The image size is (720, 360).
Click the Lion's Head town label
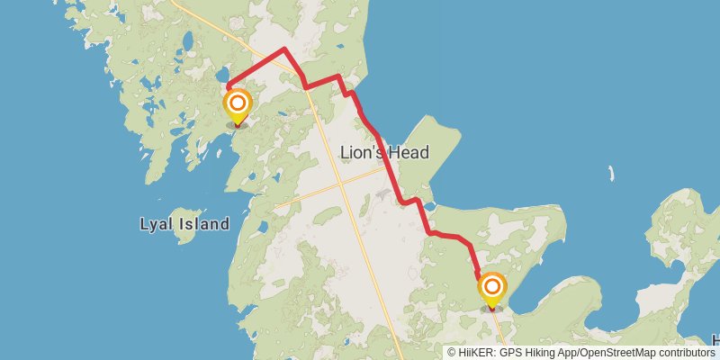(384, 153)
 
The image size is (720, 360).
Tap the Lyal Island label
(184, 224)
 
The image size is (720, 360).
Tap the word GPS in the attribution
(509, 353)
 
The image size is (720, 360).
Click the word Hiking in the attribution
(539, 353)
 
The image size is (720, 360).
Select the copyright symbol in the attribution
(452, 353)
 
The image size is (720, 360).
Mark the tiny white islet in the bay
(610, 173)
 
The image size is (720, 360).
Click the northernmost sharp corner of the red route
(284, 49)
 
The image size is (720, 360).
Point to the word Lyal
(157, 224)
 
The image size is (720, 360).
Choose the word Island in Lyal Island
(202, 224)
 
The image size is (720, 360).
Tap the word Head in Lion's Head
(409, 153)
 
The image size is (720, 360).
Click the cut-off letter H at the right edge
(715, 340)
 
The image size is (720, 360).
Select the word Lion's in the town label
(363, 153)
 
